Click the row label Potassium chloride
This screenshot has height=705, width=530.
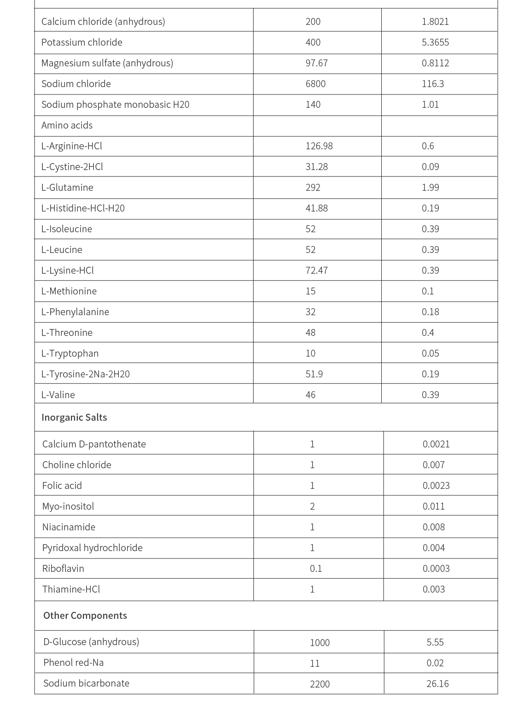[82, 42]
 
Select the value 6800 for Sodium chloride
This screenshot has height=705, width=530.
[315, 84]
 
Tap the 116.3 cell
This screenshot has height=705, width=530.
[433, 84]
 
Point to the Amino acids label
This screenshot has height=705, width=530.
[67, 125]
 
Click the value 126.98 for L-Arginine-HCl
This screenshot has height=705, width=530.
[319, 146]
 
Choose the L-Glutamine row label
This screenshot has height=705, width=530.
[67, 188]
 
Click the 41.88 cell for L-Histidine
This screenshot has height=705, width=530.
[317, 208]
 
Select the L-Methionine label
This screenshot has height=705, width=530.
[69, 291]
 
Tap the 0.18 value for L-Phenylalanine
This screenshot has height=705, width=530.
[431, 312]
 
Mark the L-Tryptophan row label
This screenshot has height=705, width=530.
[70, 353]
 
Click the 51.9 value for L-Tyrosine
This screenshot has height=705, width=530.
[314, 374]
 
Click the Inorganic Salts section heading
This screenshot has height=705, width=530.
[74, 417]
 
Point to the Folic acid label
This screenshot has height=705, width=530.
[62, 486]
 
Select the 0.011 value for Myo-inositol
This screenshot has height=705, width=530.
[434, 506]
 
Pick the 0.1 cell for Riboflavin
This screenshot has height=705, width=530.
[316, 569]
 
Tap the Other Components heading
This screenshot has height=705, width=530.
[85, 616]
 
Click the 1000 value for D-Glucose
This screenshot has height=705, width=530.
[320, 643]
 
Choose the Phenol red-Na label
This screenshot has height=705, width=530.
[73, 663]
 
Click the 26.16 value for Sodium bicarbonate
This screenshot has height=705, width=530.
[437, 684]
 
